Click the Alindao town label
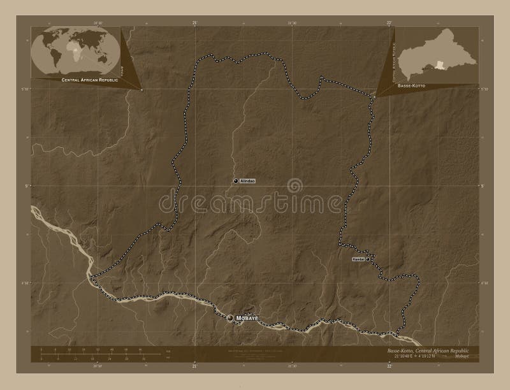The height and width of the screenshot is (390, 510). pyautogui.click(x=247, y=182)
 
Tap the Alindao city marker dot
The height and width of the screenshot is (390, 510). pyautogui.click(x=235, y=182)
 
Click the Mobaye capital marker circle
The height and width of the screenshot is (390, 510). pyautogui.click(x=230, y=317)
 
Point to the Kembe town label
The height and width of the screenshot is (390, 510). pyautogui.click(x=358, y=260)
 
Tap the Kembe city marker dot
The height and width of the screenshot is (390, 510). pyautogui.click(x=368, y=260)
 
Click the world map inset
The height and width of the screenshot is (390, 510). pyautogui.click(x=75, y=52)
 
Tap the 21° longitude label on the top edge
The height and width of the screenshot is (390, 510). pyautogui.click(x=194, y=23)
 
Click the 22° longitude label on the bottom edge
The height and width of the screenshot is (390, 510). pyautogui.click(x=389, y=367)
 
